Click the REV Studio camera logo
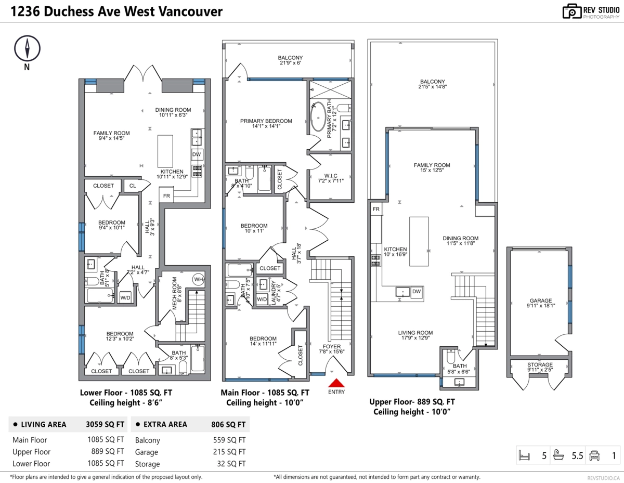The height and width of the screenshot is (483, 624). coord(571,12)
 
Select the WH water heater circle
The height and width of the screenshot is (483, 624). coord(198,279)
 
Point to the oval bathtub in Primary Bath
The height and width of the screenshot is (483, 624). coord(318,118)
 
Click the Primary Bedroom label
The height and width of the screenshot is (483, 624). coord(266,121)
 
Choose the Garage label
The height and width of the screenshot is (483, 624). coord(540,301)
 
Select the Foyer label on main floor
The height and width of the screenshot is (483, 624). coord(332,346)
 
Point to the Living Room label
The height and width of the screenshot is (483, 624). coord(415,333)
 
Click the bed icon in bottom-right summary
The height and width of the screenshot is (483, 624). coord(525,456)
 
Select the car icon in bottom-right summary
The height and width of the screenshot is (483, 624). coord(594,456)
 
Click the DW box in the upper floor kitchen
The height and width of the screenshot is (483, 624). coord(417,292)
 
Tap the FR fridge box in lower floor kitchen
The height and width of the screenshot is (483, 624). coord(166,196)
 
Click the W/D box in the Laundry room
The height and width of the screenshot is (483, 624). coord(262,299)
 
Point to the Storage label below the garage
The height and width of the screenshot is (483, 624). coord(540,364)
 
